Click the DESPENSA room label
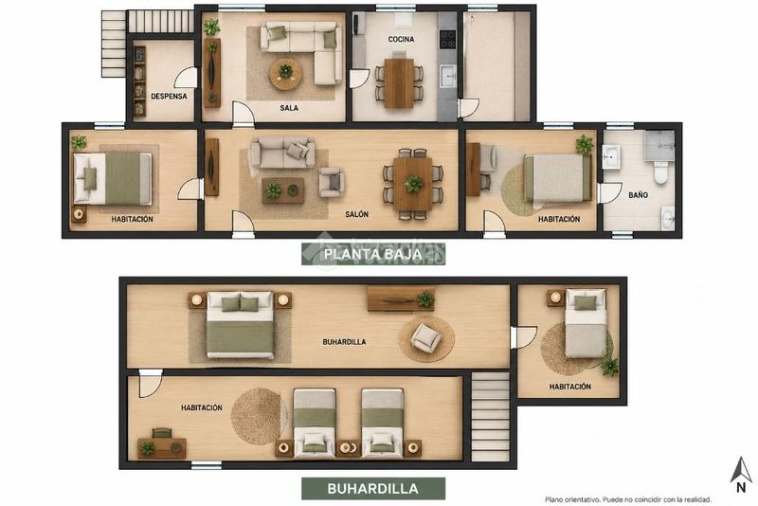click(169, 96)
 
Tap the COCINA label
click(401, 39)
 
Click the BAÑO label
click(638, 195)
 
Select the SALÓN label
click(357, 214)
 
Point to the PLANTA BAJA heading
click(372, 254)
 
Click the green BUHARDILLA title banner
click(373, 489)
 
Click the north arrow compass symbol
click(741, 475)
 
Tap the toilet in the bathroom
click(659, 172)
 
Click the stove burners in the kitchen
click(447, 39)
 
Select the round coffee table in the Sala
click(286, 74)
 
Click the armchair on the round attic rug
click(425, 336)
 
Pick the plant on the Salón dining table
click(413, 184)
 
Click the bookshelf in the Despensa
click(139, 81)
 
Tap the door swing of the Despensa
click(186, 78)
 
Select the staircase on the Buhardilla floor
click(490, 416)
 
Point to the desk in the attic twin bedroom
click(162, 448)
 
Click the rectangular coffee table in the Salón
click(282, 190)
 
